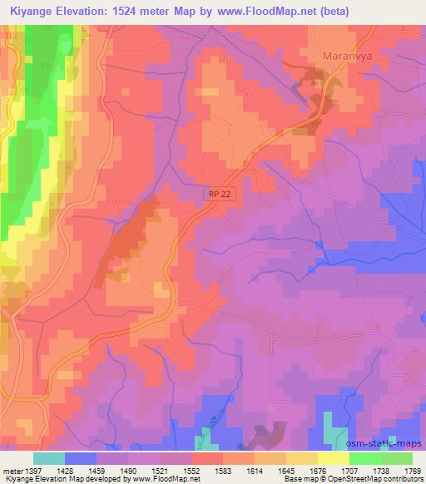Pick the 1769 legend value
[411, 470]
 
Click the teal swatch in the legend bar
[49, 458]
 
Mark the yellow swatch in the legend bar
[334, 458]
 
